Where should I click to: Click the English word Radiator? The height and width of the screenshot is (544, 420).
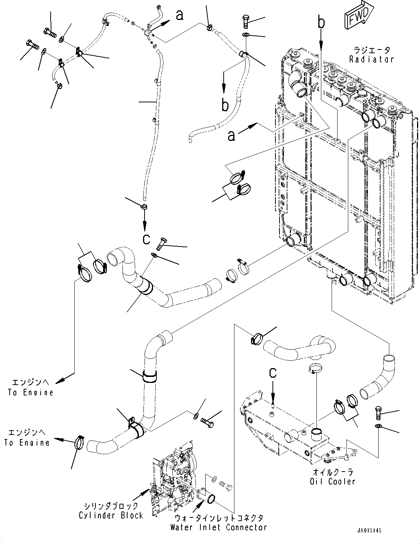[x=372, y=59]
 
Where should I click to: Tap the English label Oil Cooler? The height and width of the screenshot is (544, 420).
[x=332, y=481]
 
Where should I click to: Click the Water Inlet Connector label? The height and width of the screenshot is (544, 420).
[x=219, y=527]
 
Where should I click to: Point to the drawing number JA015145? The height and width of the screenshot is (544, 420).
[x=369, y=530]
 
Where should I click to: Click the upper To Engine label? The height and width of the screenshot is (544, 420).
[x=31, y=392]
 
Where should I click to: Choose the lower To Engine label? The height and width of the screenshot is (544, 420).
[x=27, y=443]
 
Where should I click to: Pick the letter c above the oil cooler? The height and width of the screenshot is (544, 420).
[x=273, y=380]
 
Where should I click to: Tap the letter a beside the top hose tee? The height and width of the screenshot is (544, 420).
[x=180, y=16]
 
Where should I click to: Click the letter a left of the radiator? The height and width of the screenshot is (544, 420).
[x=231, y=136]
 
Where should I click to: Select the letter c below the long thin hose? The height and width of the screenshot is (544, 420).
[x=146, y=239]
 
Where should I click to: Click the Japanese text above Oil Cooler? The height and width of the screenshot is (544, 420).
[x=333, y=472]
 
